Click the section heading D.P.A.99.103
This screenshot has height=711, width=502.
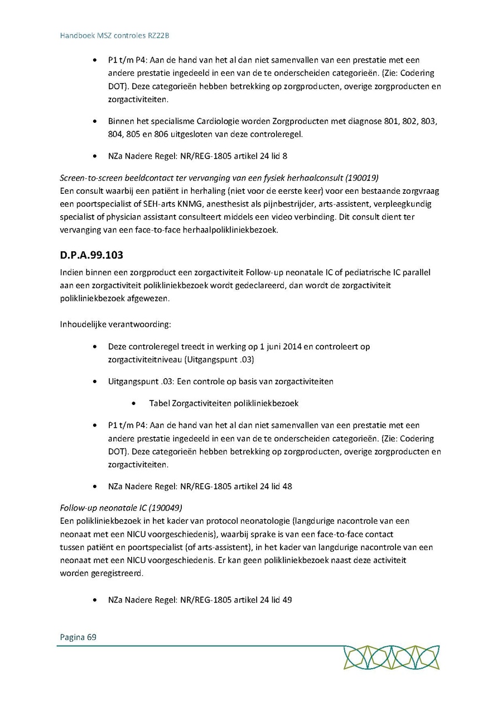click(91, 255)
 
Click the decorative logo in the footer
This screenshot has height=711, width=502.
click(391, 657)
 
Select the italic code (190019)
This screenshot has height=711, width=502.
click(362, 178)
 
